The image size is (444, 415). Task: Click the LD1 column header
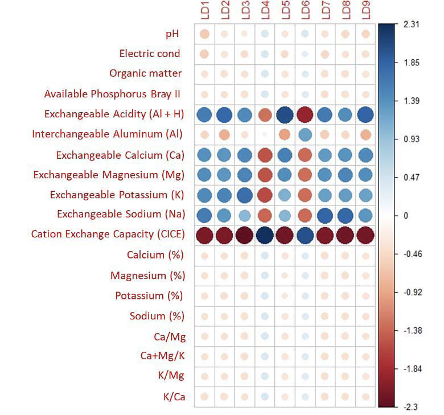click(205, 11)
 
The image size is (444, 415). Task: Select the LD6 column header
click(305, 11)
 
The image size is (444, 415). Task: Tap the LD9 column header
click(365, 11)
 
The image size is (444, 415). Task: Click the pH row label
click(172, 34)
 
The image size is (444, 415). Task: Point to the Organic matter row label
click(146, 73)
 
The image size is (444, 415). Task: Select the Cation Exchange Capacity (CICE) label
click(108, 234)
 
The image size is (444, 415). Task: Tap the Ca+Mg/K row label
click(163, 356)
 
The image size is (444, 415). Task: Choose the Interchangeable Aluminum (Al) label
click(108, 134)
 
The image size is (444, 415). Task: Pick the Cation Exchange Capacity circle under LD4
click(265, 235)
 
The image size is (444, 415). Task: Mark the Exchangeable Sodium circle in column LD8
click(345, 215)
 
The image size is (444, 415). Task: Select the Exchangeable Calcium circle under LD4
click(265, 155)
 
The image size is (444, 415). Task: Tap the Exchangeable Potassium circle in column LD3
click(245, 195)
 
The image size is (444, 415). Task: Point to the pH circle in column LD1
click(204, 34)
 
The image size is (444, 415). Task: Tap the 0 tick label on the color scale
click(406, 215)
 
